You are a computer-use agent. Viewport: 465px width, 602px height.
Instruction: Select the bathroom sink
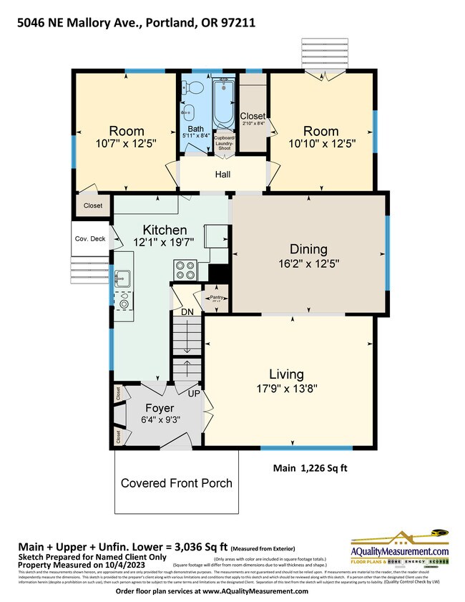point(187,113)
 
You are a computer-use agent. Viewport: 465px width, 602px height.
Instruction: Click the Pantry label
point(216,296)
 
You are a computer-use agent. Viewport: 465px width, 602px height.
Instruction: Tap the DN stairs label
point(187,312)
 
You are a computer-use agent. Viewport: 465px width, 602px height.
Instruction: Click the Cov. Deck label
point(89,238)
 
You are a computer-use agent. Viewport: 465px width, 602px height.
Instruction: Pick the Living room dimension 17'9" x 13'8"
point(286,389)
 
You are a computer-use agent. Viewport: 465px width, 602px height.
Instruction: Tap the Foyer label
point(160,408)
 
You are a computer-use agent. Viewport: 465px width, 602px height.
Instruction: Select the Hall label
point(223,173)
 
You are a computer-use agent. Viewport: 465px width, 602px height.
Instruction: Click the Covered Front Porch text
point(176,483)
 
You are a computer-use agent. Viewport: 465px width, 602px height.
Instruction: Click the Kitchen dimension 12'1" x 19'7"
point(165,243)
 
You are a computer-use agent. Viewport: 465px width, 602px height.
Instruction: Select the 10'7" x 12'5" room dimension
point(126,145)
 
